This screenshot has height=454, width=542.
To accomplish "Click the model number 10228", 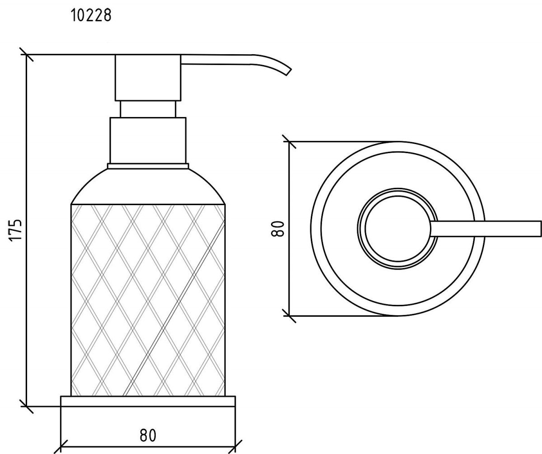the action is click(x=91, y=15).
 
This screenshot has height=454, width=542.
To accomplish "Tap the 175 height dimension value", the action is click(x=16, y=230).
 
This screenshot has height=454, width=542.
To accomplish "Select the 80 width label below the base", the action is click(x=148, y=435).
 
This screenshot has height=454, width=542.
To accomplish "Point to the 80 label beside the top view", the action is click(x=277, y=229).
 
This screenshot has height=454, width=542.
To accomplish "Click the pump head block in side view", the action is click(x=148, y=77).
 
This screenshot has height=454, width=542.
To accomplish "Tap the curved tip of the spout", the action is click(x=288, y=72).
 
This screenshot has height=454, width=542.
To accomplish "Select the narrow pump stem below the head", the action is click(x=148, y=109).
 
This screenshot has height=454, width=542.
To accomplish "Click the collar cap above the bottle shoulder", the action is click(x=148, y=140).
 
